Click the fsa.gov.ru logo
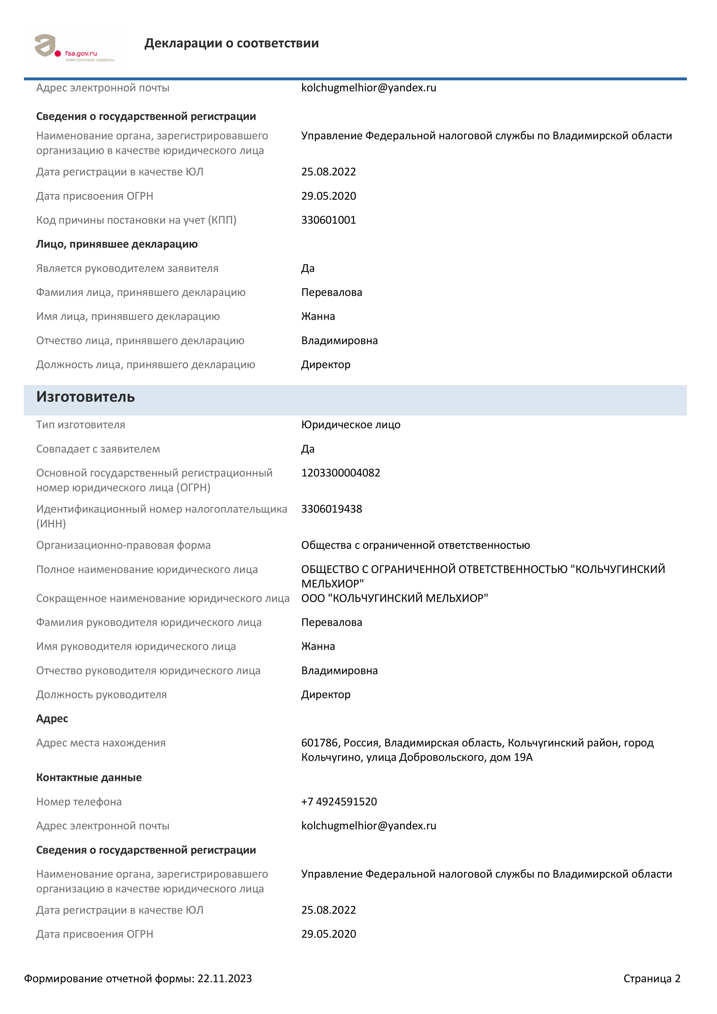click(74, 48)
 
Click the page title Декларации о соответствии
click(232, 43)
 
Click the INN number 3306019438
click(331, 509)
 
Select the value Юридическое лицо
click(351, 424)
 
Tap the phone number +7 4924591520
click(339, 802)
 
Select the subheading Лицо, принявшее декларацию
click(117, 244)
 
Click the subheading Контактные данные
click(89, 777)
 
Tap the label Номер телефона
click(79, 802)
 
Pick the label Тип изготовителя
click(80, 424)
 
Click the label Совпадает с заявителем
click(98, 449)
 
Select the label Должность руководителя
click(101, 694)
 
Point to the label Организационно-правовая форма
click(123, 545)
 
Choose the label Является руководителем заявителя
click(127, 268)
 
